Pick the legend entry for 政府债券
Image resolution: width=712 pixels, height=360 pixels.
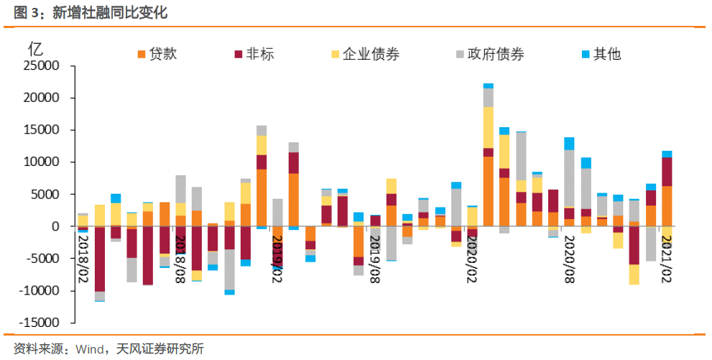tap(489, 54)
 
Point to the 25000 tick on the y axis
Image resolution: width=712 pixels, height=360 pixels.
tap(45, 66)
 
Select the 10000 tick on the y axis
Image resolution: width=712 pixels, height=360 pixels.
tap(45, 162)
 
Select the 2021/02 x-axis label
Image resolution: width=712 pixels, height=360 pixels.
tap(666, 257)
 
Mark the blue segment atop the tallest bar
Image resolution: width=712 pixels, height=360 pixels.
tap(489, 86)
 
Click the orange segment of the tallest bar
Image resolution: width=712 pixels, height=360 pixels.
tap(489, 191)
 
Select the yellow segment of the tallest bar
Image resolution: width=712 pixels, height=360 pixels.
tap(489, 127)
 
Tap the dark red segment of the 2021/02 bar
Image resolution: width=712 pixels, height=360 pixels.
tap(667, 172)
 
